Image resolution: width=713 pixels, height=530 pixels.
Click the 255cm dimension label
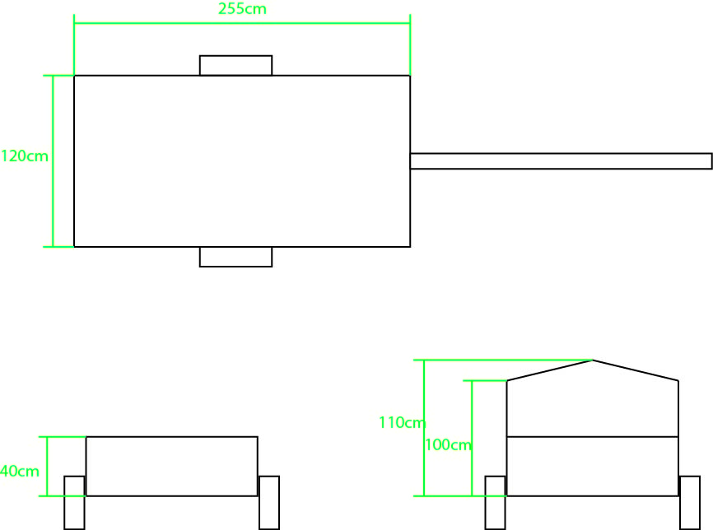click(x=242, y=8)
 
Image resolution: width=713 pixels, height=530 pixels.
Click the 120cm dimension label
click(x=25, y=156)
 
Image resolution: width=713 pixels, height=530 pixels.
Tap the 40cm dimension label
click(x=20, y=471)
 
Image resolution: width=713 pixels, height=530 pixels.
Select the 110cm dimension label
click(x=403, y=422)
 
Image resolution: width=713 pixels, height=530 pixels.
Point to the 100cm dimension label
click(x=449, y=444)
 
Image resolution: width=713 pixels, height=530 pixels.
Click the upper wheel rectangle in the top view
click(x=236, y=66)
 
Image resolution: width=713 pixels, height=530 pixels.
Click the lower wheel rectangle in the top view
click(x=236, y=257)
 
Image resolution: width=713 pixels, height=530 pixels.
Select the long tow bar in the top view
click(x=562, y=161)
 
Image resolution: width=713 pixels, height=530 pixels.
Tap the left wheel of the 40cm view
click(x=74, y=503)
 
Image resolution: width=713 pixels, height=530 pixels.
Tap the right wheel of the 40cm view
click(x=269, y=503)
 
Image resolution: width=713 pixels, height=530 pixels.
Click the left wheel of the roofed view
click(x=495, y=503)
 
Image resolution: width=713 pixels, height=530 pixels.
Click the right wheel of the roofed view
click(x=690, y=503)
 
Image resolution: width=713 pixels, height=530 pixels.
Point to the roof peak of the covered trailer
click(x=593, y=360)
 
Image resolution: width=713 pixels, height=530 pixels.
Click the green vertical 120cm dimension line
click(x=54, y=161)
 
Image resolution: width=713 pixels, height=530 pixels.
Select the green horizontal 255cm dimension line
click(x=242, y=23)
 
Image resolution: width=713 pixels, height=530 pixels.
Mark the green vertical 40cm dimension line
click(x=47, y=467)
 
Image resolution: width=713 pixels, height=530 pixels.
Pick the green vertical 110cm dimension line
click(x=424, y=428)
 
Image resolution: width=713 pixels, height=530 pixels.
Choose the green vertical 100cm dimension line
click(x=472, y=438)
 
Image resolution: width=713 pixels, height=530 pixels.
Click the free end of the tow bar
click(x=711, y=161)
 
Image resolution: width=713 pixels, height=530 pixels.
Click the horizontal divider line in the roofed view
click(x=593, y=437)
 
